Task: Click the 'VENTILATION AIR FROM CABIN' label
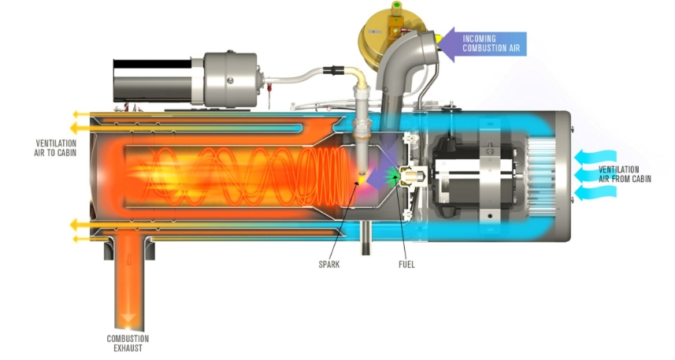coord(625,175)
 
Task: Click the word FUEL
coord(406,264)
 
